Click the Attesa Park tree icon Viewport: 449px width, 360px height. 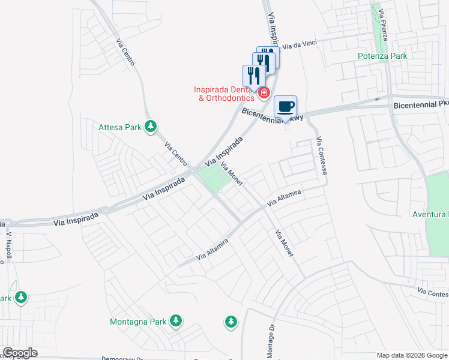152,127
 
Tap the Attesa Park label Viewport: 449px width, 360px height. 119,127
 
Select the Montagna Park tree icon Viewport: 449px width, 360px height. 176,321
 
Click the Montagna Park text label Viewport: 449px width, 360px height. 138,322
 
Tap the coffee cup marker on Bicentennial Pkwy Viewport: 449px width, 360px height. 286,107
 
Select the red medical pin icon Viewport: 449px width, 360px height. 264,93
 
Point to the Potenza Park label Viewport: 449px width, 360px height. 382,56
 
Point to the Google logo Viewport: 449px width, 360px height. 20,353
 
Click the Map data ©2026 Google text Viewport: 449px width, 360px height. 411,355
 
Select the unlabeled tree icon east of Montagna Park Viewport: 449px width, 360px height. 231,322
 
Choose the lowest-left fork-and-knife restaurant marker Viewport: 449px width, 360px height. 253,76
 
